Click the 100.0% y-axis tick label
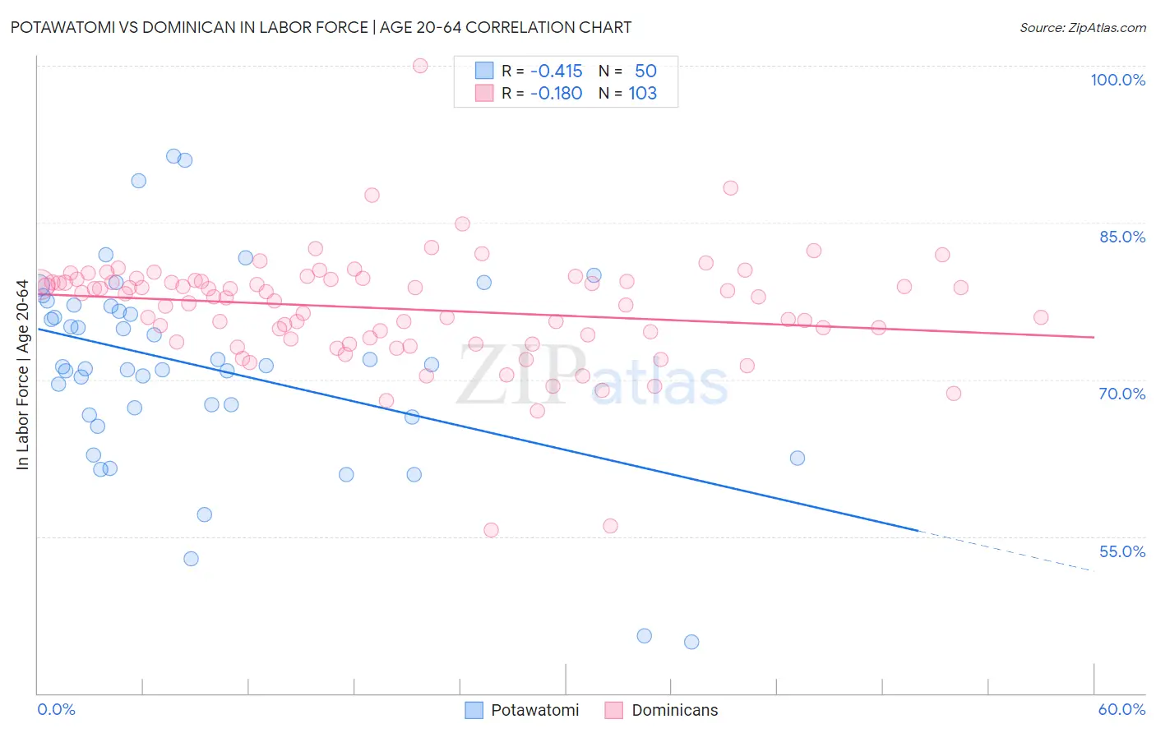[1117, 80]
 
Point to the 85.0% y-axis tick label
[1122, 237]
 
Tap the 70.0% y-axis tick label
[1122, 394]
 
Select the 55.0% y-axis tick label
[1122, 551]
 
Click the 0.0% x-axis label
[56, 709]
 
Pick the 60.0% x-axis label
[1121, 709]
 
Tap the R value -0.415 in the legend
[556, 71]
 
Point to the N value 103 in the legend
[642, 94]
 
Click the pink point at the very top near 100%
[420, 66]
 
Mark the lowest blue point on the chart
[691, 642]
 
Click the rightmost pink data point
[1041, 317]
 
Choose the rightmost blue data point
[798, 458]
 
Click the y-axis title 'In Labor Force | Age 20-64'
[22, 375]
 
